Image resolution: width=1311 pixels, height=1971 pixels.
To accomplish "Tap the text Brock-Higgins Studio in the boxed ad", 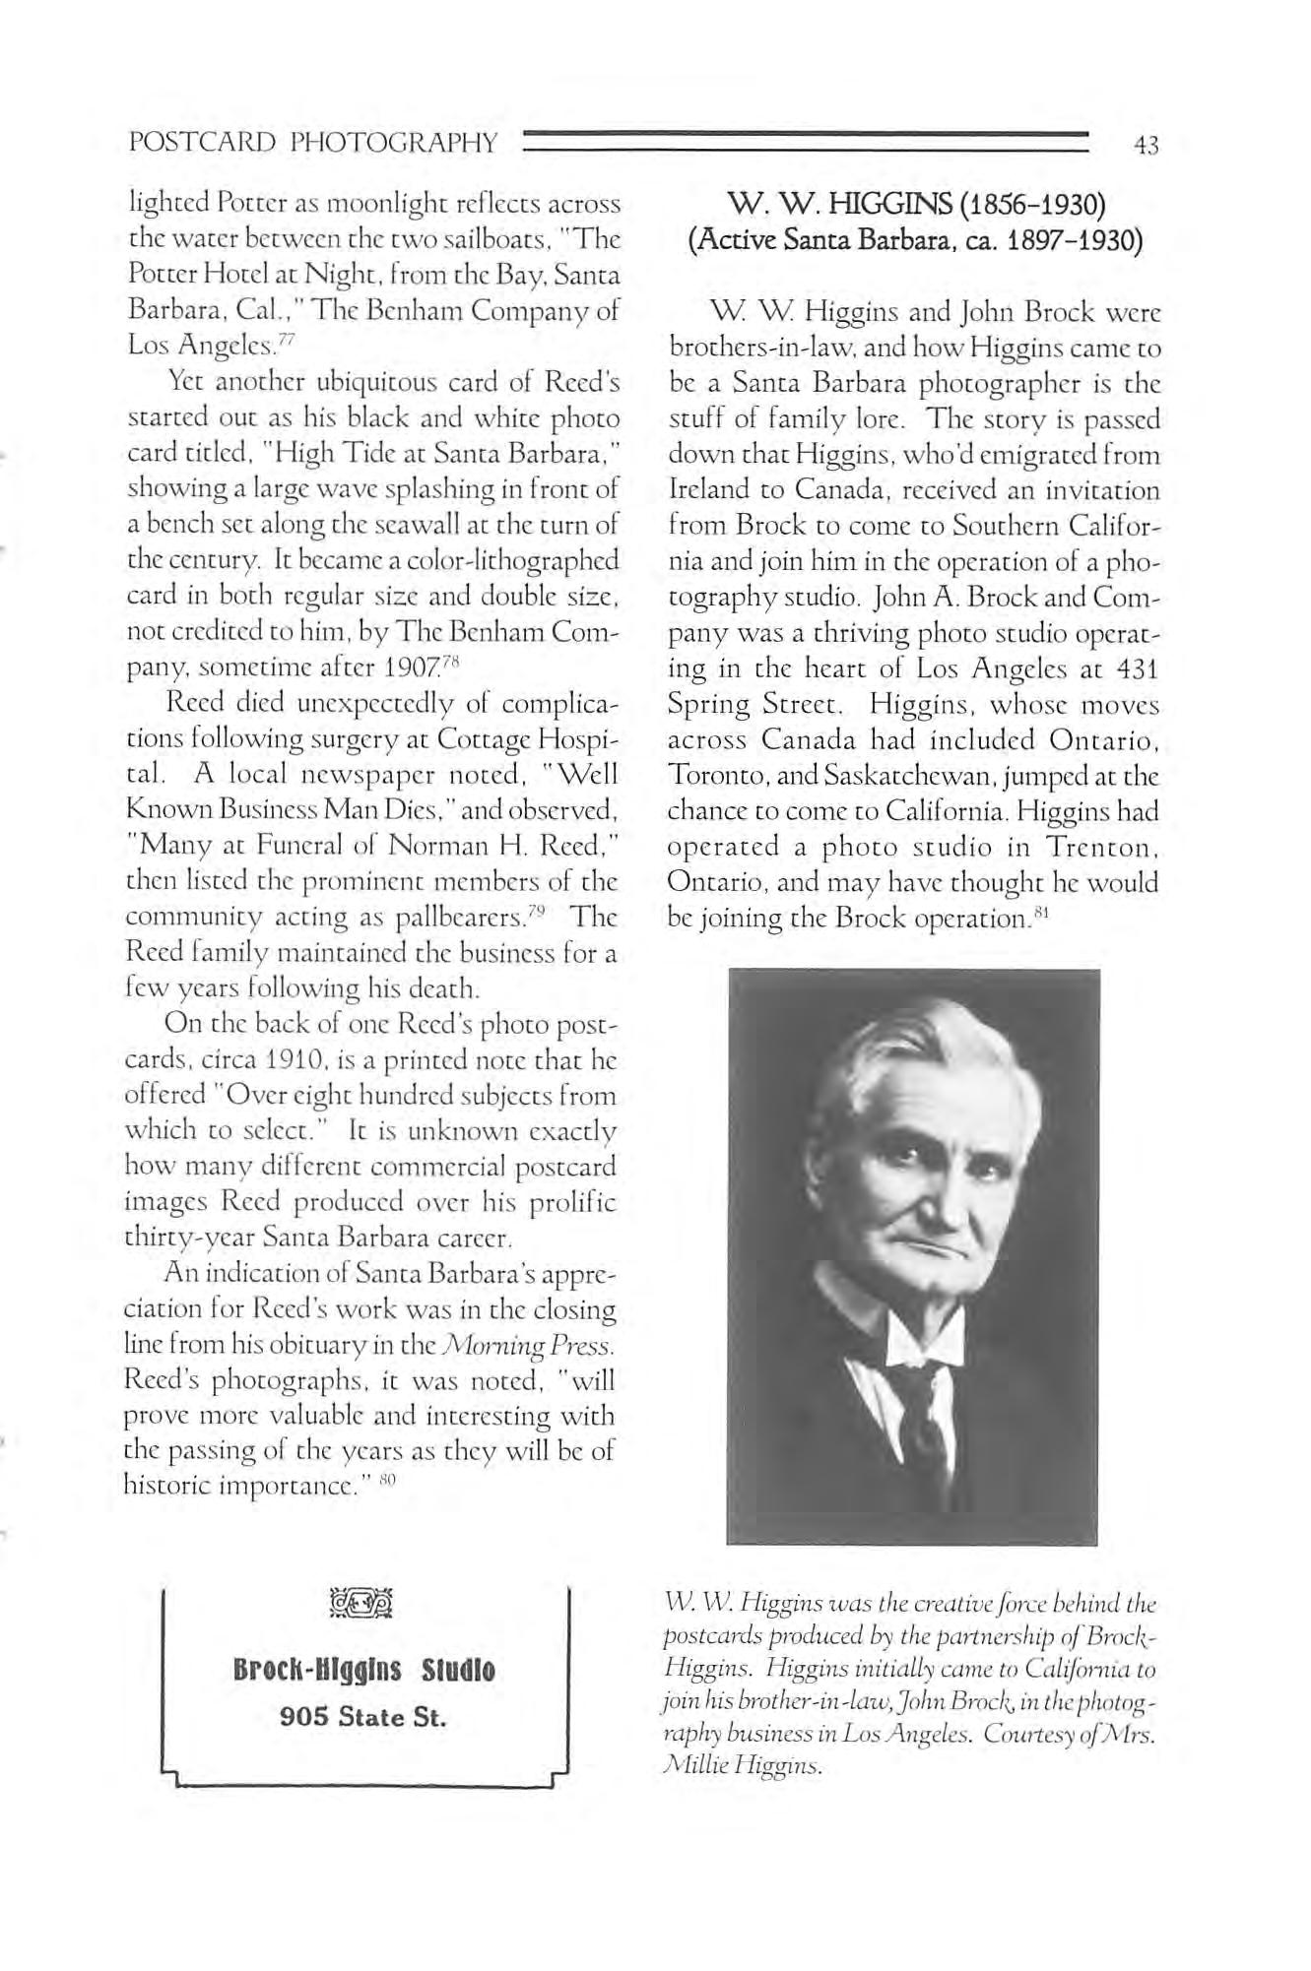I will coord(364,1670).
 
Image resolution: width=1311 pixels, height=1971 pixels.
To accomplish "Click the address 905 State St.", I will coord(364,1717).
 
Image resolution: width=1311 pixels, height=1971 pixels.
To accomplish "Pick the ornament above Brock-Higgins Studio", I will coord(364,1612).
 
